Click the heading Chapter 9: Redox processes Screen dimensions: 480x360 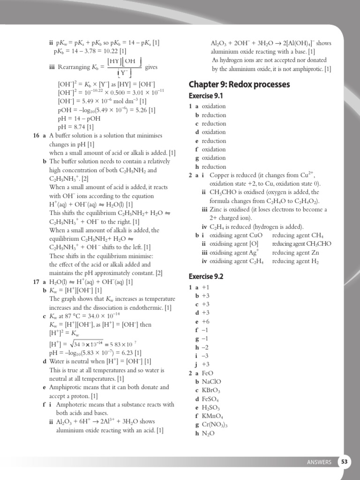tap(239, 84)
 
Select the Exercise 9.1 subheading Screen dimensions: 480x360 tap(206, 96)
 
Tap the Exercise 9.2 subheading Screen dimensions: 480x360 tap(206, 276)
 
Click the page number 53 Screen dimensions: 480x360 tap(345, 462)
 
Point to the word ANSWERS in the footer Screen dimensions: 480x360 tap(319, 462)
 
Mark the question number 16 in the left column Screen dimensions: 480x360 tap(36, 135)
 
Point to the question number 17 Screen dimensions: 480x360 tap(36, 282)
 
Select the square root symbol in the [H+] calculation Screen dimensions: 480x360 tap(65, 344)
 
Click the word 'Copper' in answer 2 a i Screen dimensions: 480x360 tap(219, 175)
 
